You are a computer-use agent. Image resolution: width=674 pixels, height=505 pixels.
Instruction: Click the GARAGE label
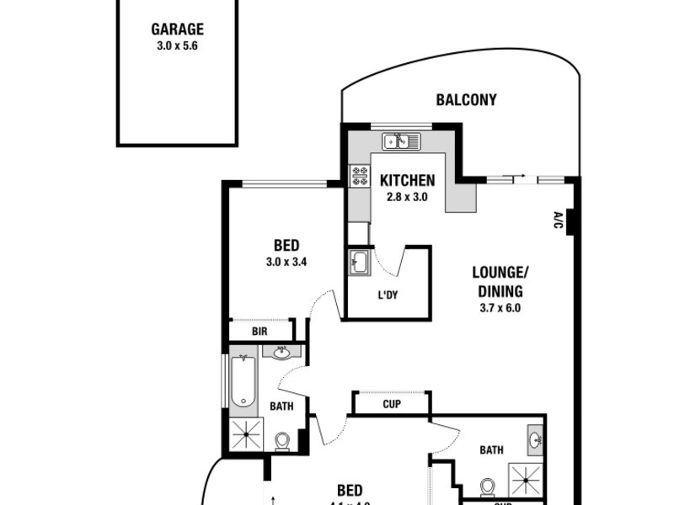177,29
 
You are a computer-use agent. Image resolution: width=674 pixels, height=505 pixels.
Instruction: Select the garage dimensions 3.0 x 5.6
177,47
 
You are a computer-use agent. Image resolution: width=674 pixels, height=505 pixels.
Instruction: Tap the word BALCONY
466,100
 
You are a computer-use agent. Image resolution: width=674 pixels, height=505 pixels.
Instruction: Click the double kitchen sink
402,141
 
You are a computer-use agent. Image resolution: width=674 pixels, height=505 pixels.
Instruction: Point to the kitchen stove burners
360,176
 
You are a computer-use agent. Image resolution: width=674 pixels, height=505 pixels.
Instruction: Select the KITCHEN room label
407,180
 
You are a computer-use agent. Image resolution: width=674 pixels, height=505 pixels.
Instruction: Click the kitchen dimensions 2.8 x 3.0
407,198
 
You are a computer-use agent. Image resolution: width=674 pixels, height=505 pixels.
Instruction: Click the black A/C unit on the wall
571,221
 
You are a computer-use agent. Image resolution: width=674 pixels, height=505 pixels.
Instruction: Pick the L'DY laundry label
388,295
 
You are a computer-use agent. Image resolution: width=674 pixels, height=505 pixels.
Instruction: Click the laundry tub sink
359,262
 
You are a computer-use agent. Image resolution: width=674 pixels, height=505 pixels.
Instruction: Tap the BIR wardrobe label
260,332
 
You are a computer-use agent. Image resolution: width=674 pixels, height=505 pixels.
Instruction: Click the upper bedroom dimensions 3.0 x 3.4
286,262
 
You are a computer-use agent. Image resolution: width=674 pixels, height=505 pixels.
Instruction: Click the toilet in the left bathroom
283,440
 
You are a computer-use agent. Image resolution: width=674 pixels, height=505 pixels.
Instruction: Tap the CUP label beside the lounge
391,404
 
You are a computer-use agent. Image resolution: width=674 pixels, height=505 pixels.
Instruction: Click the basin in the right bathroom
533,439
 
